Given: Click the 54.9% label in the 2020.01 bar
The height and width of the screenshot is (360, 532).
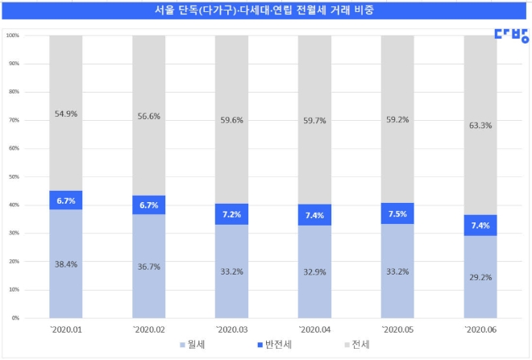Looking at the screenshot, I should [65, 114].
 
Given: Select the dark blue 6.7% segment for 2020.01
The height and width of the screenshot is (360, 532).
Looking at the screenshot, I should [65, 200].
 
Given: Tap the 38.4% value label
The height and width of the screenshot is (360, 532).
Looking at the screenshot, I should [65, 263].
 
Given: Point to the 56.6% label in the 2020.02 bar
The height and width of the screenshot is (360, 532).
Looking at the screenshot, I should [148, 116].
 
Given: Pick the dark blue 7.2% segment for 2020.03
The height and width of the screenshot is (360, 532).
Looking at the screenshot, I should [231, 214].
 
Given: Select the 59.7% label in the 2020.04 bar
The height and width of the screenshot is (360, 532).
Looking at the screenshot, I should [314, 120].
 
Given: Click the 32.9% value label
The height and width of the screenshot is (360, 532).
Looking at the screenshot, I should [314, 271].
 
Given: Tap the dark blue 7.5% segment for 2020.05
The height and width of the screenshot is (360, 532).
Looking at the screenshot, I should [397, 213].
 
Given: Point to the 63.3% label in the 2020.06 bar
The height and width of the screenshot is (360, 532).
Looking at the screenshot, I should [480, 125].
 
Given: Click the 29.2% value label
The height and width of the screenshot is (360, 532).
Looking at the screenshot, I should [480, 276].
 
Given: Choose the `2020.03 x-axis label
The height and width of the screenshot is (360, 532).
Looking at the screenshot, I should [231, 329].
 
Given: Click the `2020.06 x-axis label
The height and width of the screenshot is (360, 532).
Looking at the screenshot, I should [480, 329].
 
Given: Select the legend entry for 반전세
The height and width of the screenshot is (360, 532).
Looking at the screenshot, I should [272, 346].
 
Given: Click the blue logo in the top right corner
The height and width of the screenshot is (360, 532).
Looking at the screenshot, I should [512, 35].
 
